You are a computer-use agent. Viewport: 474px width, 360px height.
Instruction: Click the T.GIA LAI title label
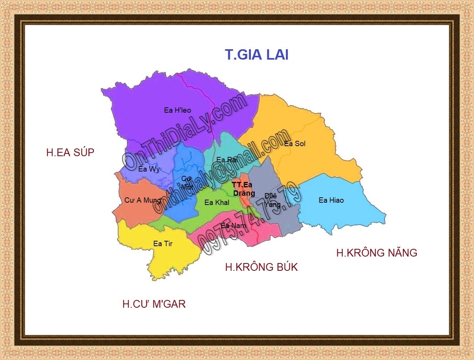[x=257, y=55]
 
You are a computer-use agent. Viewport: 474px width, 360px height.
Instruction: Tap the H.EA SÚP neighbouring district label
[x=70, y=152]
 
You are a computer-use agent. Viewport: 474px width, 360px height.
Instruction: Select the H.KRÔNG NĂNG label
[x=377, y=253]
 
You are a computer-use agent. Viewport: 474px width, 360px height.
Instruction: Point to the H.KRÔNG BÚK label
[x=261, y=267]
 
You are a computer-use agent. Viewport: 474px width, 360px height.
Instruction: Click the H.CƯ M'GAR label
[x=154, y=304]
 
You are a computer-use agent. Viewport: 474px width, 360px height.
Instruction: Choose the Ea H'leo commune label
[x=177, y=110]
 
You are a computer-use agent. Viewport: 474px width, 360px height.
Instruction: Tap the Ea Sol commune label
[x=295, y=144]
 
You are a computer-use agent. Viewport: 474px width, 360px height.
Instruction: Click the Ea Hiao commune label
[x=331, y=200]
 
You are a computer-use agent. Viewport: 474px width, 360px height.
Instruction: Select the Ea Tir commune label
[x=163, y=243]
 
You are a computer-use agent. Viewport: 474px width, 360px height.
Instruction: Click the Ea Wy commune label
[x=149, y=169]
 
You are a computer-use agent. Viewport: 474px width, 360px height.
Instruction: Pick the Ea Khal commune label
[x=217, y=203]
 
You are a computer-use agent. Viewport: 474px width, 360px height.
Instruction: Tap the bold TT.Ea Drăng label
[x=243, y=189]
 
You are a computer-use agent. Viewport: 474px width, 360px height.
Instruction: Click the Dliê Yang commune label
[x=272, y=200]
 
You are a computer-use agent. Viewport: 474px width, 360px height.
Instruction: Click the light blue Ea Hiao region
[x=346, y=215]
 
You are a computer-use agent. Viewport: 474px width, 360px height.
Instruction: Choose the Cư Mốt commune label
[x=187, y=182]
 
